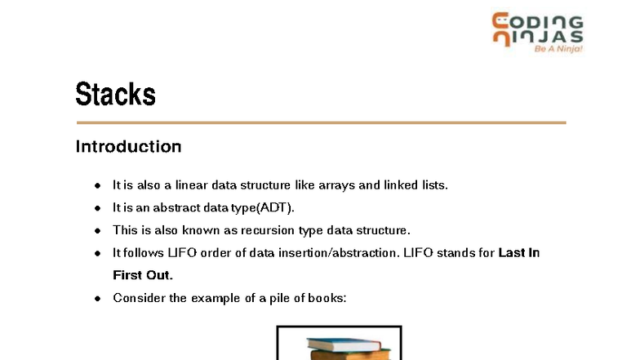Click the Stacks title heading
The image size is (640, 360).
point(115,94)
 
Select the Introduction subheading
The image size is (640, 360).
point(128,147)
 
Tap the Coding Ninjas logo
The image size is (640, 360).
point(537,30)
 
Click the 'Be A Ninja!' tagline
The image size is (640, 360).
point(558,49)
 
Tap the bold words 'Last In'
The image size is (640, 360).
point(519,253)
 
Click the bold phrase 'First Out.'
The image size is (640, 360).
point(143,275)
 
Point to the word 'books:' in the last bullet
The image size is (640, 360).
point(327,298)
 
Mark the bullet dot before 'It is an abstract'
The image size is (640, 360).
point(96,208)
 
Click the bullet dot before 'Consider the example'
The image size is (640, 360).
point(96,298)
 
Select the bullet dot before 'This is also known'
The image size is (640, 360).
point(96,230)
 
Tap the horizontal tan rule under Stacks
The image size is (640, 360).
point(320,122)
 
